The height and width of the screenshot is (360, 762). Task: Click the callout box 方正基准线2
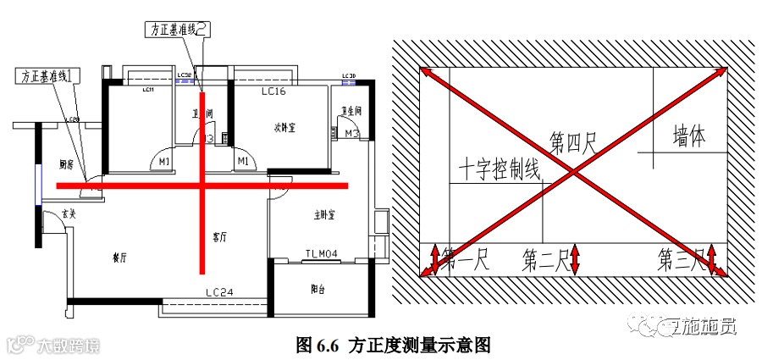[x=175, y=30]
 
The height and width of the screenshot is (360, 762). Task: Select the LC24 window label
[x=218, y=293]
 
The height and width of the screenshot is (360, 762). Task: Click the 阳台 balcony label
[x=318, y=289]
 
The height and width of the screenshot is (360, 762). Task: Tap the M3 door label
[x=352, y=134]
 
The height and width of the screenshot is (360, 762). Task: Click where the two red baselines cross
[x=202, y=185]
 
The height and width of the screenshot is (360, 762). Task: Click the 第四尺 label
[x=573, y=142]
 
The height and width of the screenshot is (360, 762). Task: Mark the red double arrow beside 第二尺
[x=575, y=259]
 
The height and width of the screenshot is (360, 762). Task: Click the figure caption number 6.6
[x=328, y=345]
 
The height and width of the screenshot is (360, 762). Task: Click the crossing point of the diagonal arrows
[x=574, y=173]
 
